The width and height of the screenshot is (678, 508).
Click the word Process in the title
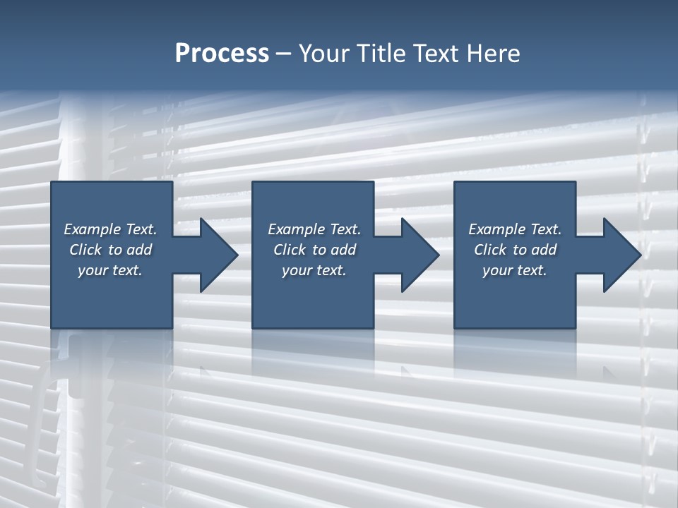coord(222,54)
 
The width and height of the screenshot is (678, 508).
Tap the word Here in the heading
coord(492,54)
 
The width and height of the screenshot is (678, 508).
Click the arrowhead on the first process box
coord(216,255)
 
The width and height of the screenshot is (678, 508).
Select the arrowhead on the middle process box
coord(417,255)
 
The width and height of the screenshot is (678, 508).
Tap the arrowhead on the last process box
coord(619,255)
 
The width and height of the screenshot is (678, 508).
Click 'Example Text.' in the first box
coord(110,229)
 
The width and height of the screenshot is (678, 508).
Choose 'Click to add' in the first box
coord(110,250)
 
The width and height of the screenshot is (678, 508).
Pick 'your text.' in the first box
coord(110,270)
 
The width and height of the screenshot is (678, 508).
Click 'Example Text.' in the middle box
coord(314,229)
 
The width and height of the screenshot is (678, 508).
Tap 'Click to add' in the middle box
coord(314,250)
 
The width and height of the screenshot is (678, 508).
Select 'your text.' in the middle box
coord(314,270)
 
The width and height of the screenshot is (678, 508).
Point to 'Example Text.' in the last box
coord(515,229)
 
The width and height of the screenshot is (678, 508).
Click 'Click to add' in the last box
coord(515,250)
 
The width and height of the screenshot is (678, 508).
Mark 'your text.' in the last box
coord(515,270)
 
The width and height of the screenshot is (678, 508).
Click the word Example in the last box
coord(496,229)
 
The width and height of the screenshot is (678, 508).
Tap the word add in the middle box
coord(343,250)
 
